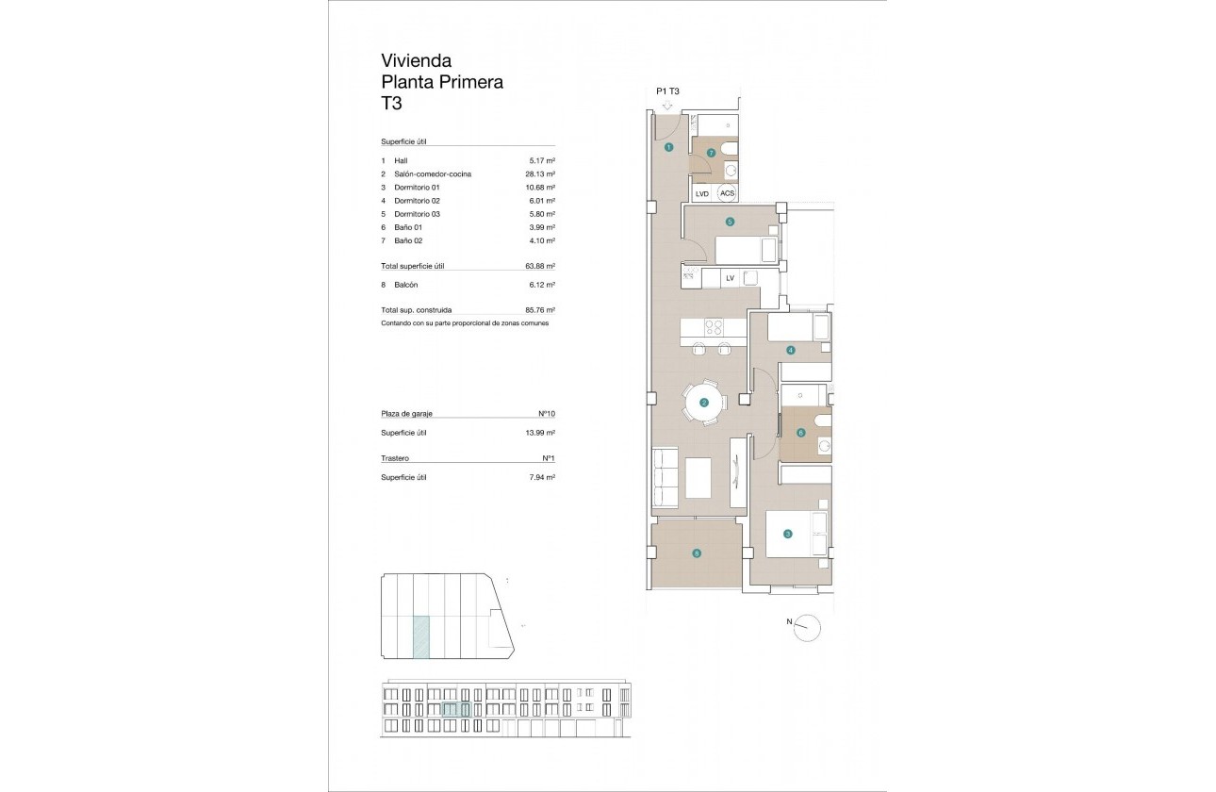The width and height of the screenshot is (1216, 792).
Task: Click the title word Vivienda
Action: click(x=416, y=61)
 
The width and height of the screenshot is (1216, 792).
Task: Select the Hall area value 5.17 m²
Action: click(x=541, y=161)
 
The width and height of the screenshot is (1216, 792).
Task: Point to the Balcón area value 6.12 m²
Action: click(x=541, y=285)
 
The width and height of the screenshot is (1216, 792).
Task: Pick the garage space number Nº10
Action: click(x=546, y=414)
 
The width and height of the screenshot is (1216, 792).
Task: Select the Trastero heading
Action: click(x=395, y=458)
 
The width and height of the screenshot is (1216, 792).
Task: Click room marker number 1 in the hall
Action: click(x=667, y=148)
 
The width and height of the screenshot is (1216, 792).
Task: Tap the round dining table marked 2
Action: click(x=704, y=404)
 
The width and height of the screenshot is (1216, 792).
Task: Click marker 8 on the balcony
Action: click(x=697, y=554)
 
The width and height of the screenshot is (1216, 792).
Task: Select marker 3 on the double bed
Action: click(x=788, y=534)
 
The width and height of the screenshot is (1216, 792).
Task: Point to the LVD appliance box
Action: click(x=701, y=193)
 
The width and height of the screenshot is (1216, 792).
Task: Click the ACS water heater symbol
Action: click(x=727, y=193)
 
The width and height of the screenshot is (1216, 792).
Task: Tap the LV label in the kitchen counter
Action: click(x=730, y=277)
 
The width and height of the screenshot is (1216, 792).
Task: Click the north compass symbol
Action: click(x=808, y=628)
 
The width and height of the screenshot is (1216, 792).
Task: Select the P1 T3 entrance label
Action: click(x=667, y=91)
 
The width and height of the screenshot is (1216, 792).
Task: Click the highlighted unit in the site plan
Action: click(x=421, y=636)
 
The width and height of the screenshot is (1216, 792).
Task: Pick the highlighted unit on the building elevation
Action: click(x=456, y=710)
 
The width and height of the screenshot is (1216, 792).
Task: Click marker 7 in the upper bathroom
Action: click(x=711, y=152)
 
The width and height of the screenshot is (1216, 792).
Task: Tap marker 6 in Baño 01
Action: click(x=801, y=434)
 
